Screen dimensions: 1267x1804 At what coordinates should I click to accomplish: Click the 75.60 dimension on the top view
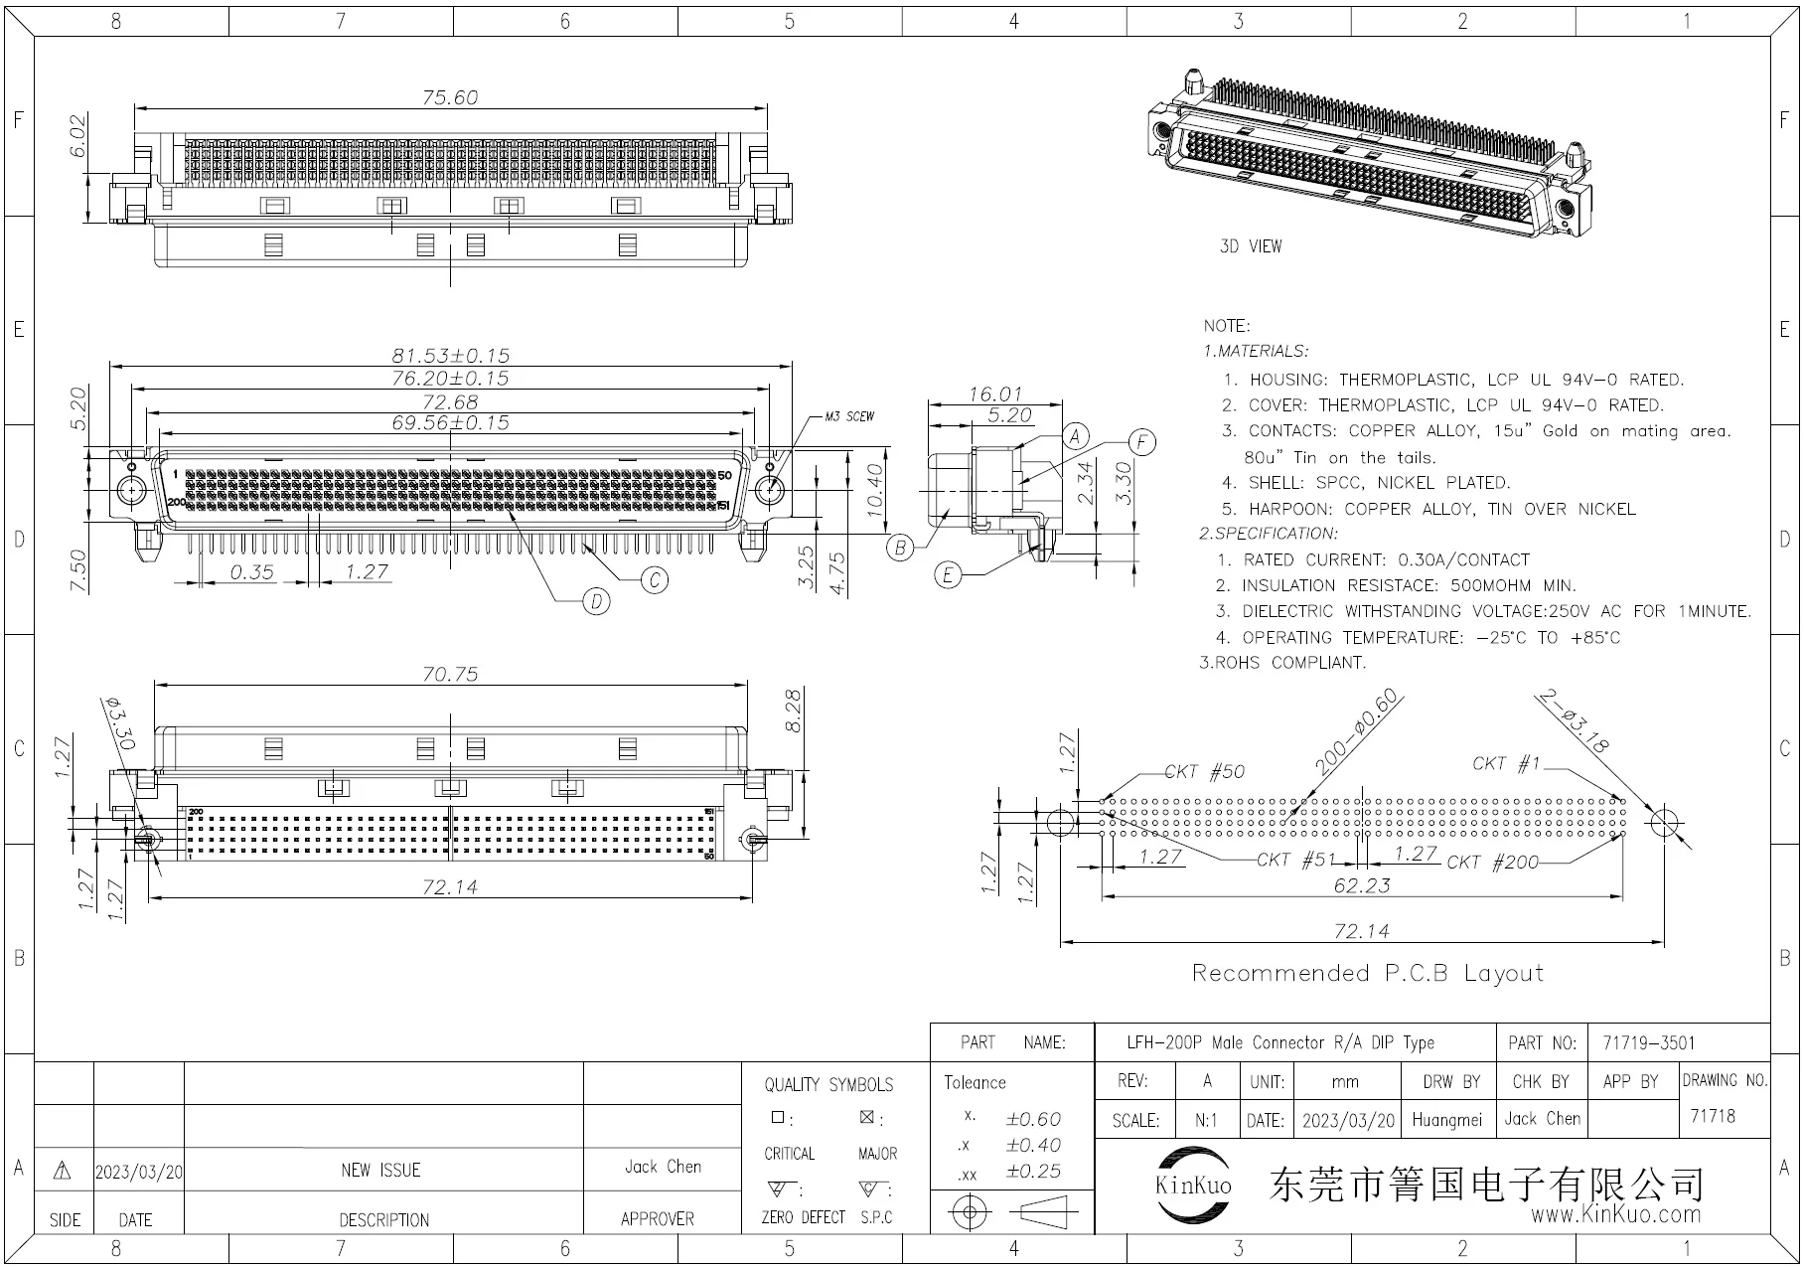pos(450,97)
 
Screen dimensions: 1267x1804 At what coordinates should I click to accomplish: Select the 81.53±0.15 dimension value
pos(450,355)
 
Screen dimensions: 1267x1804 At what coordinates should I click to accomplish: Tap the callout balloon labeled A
pos(1075,436)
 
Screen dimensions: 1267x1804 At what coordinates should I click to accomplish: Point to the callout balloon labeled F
pos(1142,443)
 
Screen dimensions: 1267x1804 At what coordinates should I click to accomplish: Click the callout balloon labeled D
pos(596,601)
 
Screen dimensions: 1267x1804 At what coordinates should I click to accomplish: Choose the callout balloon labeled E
pos(949,575)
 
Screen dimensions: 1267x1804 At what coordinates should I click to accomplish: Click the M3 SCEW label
pos(849,416)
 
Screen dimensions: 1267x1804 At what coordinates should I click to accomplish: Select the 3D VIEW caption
pos(1251,246)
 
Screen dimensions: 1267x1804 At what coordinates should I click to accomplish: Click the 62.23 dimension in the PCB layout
pos(1362,884)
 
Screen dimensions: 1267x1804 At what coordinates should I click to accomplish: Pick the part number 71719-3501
pos(1649,1042)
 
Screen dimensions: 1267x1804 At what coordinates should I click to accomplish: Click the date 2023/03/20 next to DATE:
pos(1348,1120)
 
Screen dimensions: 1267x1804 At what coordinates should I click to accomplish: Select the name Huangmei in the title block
pos(1446,1120)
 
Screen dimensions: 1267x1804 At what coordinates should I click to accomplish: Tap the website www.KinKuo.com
pos(1615,1214)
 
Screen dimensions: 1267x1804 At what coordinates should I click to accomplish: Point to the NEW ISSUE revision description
pos(380,1171)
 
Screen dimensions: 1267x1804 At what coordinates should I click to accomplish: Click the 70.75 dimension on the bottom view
pos(450,674)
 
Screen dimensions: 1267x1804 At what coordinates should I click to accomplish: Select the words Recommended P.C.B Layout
pos(1368,973)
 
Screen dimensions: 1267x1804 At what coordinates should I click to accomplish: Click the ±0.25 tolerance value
pos(1033,1172)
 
